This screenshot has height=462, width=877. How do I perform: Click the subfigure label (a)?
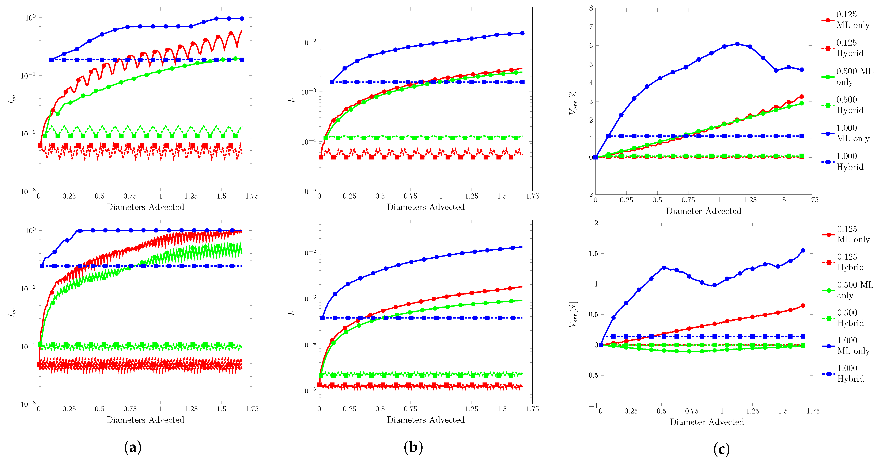133,447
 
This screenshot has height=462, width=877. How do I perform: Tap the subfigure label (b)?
413,447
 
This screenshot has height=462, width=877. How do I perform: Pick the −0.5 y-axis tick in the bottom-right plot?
590,375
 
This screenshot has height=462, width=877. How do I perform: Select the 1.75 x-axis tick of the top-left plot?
252,196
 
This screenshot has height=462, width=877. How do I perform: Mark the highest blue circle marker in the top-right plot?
737,44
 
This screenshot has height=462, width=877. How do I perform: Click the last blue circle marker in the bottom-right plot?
803,250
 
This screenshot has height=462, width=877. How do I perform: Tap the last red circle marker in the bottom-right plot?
803,305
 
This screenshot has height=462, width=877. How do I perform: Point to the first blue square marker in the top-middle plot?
332,82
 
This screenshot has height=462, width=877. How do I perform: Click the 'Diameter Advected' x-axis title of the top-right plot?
703,211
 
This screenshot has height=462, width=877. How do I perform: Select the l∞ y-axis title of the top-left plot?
13,99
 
